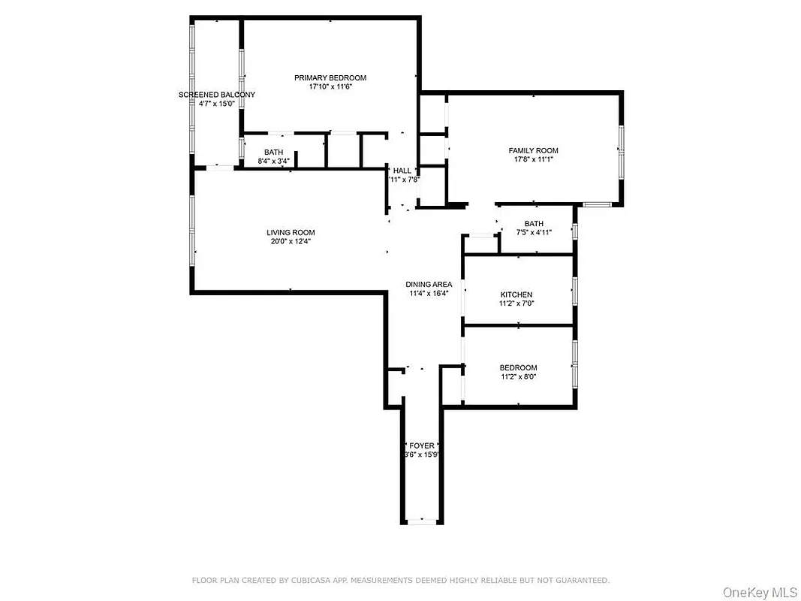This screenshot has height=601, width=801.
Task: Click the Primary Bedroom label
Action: [330, 78]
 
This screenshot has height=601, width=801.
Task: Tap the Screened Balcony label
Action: [216, 95]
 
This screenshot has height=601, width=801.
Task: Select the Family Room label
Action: [533, 151]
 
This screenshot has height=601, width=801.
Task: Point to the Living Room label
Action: [291, 232]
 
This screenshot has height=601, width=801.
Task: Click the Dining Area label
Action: [429, 284]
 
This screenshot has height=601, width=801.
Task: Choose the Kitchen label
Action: [516, 294]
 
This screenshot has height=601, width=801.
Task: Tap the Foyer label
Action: [421, 445]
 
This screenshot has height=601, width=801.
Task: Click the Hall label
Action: [402, 171]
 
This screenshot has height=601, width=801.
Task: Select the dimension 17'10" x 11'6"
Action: [330, 87]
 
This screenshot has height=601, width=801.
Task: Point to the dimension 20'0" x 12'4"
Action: [291, 241]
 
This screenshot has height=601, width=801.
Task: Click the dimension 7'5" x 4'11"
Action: [534, 232]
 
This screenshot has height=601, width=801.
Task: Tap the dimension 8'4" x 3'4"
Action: [273, 161]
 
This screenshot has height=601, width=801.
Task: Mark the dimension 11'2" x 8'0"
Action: [518, 377]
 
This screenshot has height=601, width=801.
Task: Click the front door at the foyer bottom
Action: [421, 521]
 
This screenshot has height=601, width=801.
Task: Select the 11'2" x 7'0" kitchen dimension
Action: [516, 304]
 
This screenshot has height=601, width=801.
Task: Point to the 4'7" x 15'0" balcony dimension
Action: [216, 104]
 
